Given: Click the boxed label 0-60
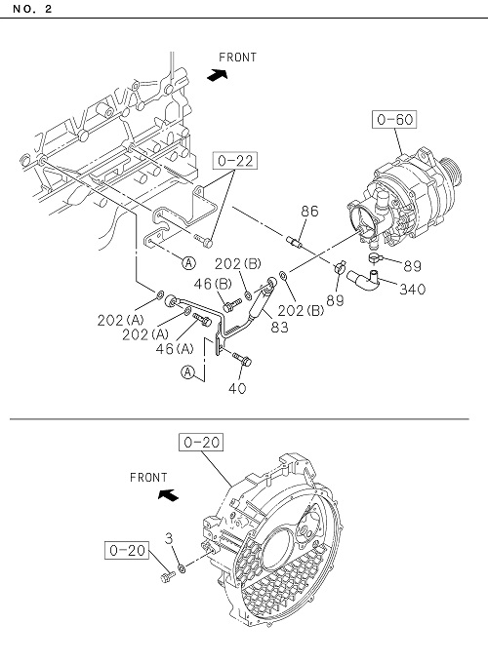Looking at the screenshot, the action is (x=394, y=119).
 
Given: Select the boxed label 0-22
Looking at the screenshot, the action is (x=235, y=161).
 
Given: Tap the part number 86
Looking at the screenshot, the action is (x=309, y=211).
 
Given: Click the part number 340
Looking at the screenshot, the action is (x=412, y=290).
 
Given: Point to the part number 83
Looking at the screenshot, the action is (x=279, y=327).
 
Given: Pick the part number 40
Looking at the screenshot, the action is (x=237, y=388).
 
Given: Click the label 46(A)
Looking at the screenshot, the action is (x=175, y=349).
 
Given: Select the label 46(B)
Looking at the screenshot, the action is (x=213, y=284).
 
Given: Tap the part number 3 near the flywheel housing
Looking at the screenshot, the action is (x=169, y=538).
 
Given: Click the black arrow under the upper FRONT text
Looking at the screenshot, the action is (x=218, y=75).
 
